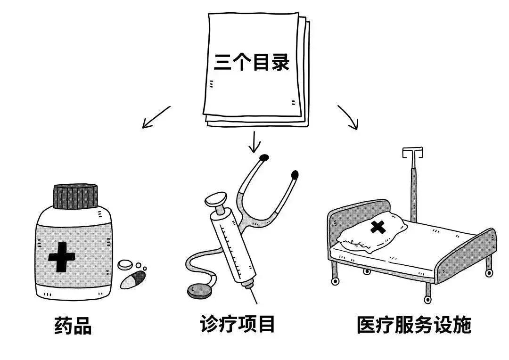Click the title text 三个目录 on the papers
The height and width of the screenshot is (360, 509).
(251, 62)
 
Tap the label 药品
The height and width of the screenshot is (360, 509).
(73, 326)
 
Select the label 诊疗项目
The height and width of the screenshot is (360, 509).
(238, 325)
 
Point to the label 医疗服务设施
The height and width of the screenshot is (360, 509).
(414, 325)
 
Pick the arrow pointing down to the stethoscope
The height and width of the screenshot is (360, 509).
(254, 142)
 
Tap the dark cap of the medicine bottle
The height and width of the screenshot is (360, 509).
(75, 196)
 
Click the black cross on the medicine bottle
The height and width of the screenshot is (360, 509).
(62, 257)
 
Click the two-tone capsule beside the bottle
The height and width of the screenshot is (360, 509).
(132, 279)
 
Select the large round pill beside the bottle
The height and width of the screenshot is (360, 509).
(126, 265)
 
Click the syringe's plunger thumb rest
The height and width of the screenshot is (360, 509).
(216, 197)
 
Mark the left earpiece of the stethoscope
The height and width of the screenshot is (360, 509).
(264, 157)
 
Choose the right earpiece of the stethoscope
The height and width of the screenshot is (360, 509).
(295, 175)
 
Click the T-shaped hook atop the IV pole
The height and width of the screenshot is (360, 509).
(412, 153)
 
